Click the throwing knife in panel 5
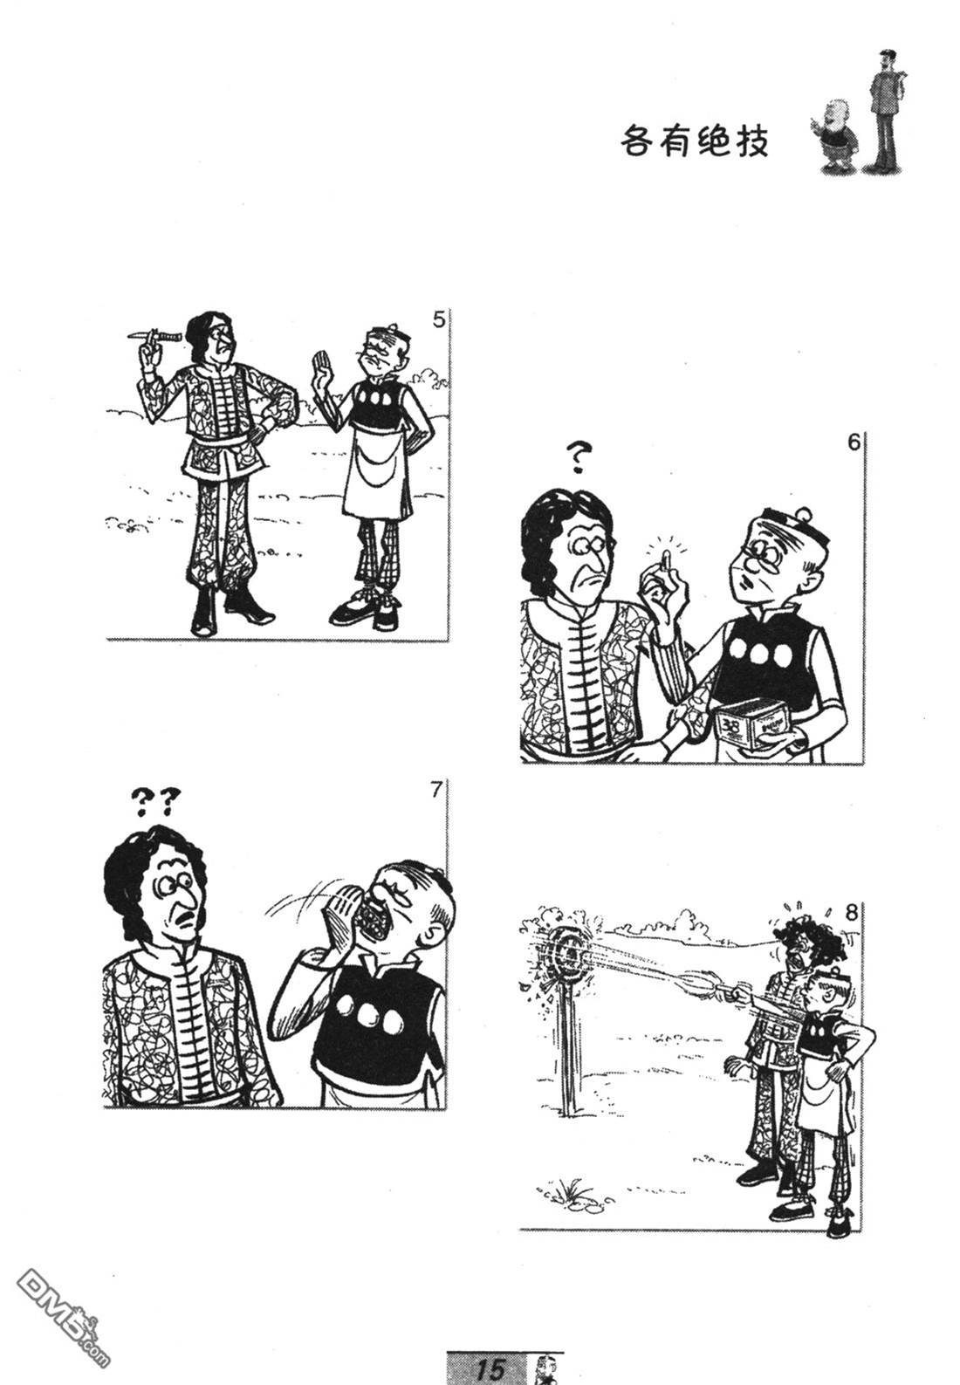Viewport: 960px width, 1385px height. tap(154, 336)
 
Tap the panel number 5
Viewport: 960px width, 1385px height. tap(438, 320)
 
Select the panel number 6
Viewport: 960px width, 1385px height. tap(854, 442)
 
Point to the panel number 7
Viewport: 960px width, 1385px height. tap(436, 790)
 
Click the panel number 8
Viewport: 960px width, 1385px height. tap(851, 913)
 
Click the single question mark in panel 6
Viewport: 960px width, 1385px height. tap(577, 458)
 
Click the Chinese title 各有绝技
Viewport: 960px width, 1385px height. tap(694, 141)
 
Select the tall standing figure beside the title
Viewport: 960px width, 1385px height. tap(885, 109)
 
